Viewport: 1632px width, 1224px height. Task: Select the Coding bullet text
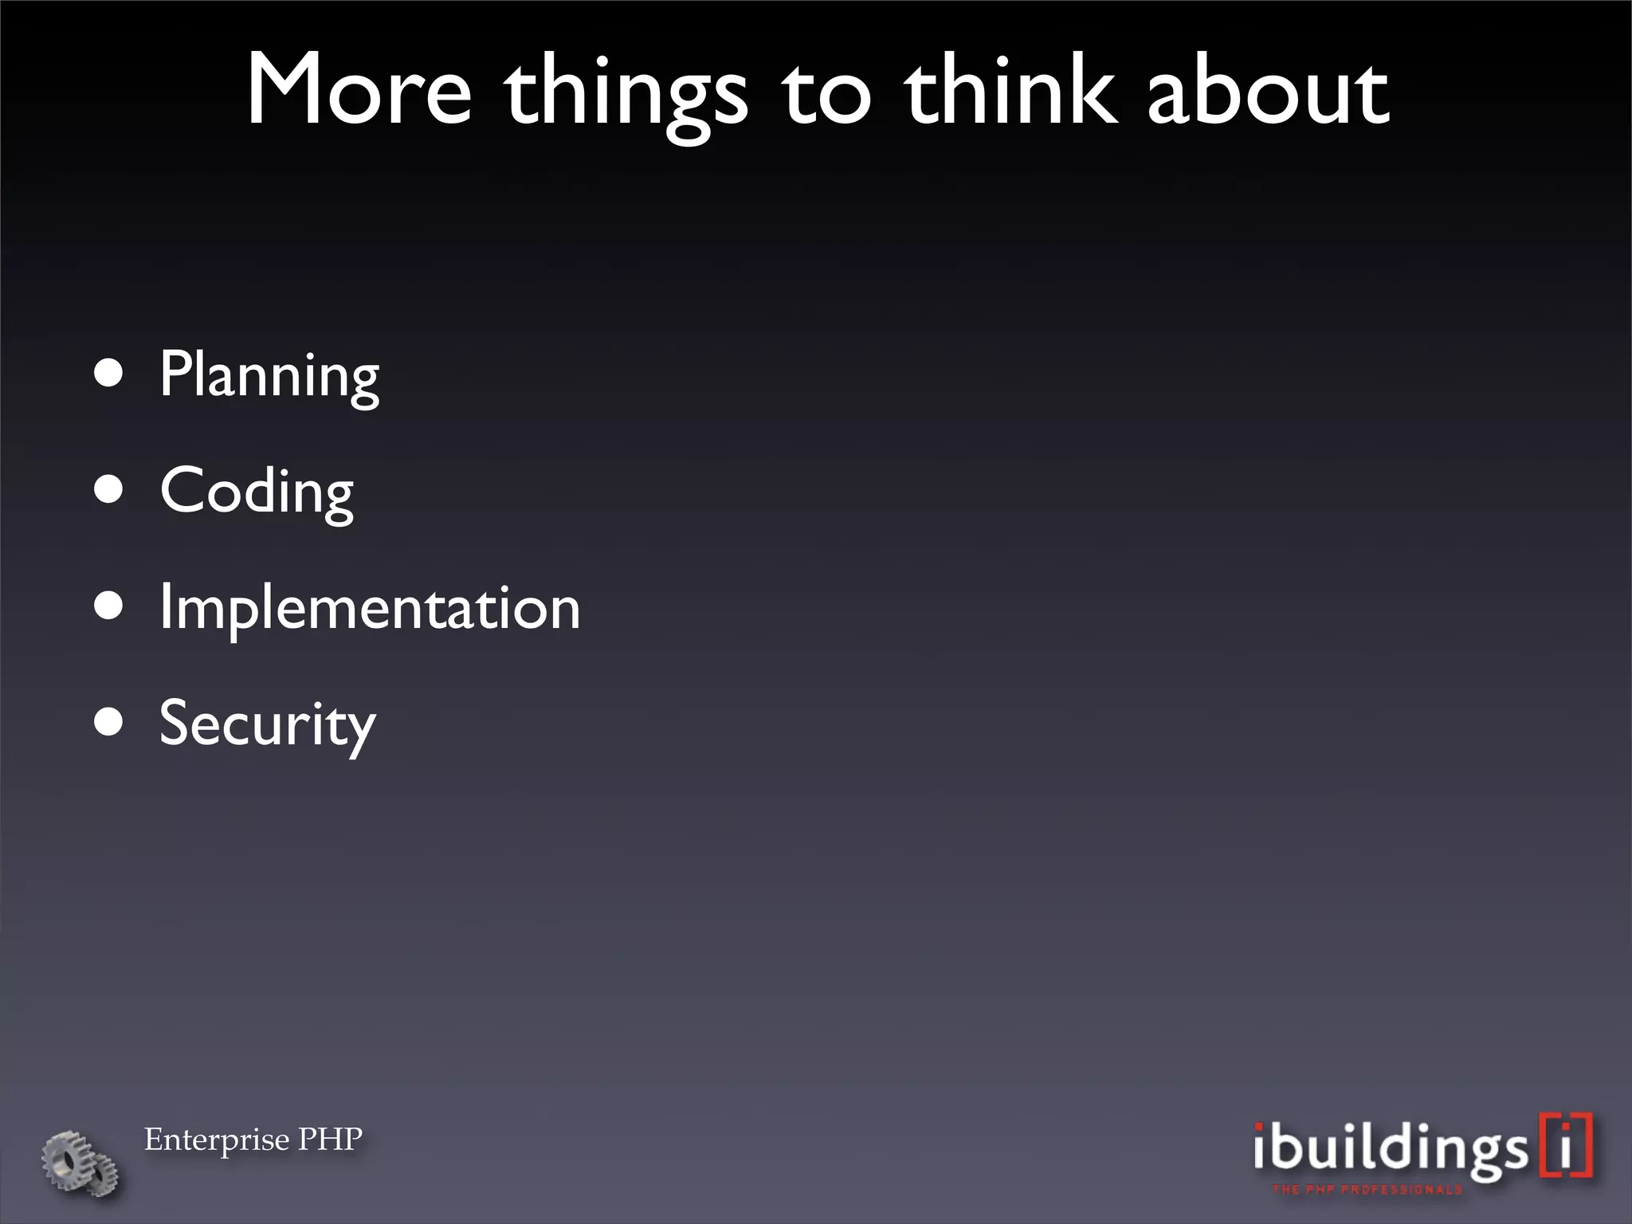tap(257, 492)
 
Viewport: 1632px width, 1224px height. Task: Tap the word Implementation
tap(370, 608)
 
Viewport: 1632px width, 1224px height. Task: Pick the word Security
tap(267, 724)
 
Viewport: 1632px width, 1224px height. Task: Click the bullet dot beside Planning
tap(108, 372)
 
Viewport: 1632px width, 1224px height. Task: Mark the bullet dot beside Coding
tap(108, 489)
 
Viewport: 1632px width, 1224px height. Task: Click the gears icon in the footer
tap(80, 1163)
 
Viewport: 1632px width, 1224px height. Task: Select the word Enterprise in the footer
tap(217, 1140)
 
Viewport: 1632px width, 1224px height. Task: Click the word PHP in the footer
tap(330, 1139)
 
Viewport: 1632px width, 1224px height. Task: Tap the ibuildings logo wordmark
tap(1391, 1148)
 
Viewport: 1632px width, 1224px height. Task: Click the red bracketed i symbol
tap(1567, 1145)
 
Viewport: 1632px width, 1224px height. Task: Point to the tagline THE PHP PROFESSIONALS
tap(1367, 1190)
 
